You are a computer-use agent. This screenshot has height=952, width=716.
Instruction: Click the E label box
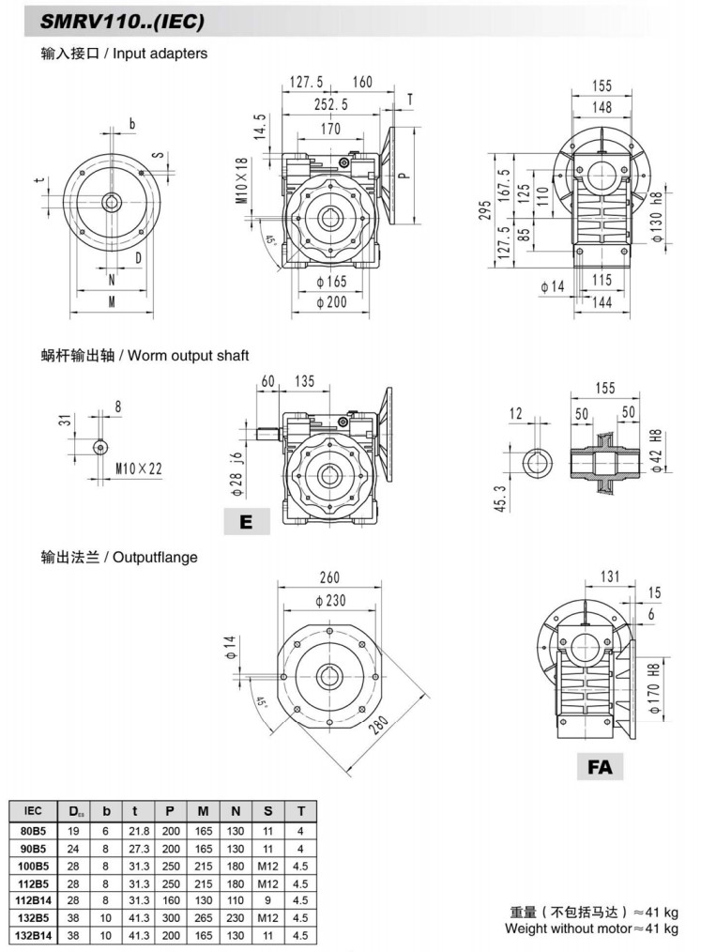click(x=246, y=520)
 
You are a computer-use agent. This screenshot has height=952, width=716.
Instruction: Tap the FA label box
click(x=600, y=767)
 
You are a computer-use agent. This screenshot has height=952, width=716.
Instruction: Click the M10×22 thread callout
click(x=137, y=467)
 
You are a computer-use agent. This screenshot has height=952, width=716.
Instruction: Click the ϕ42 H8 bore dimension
click(x=657, y=450)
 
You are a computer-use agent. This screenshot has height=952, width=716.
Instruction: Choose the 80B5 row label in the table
click(x=32, y=830)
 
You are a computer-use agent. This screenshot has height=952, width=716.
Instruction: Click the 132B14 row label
click(x=32, y=936)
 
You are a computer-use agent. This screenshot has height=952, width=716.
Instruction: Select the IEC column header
click(x=32, y=810)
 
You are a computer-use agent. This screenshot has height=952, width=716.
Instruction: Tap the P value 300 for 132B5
click(x=170, y=918)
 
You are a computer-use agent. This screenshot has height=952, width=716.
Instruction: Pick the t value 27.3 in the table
click(x=138, y=848)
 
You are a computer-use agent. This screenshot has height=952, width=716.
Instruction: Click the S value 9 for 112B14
click(x=267, y=900)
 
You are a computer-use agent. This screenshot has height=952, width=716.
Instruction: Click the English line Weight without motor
click(x=591, y=929)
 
